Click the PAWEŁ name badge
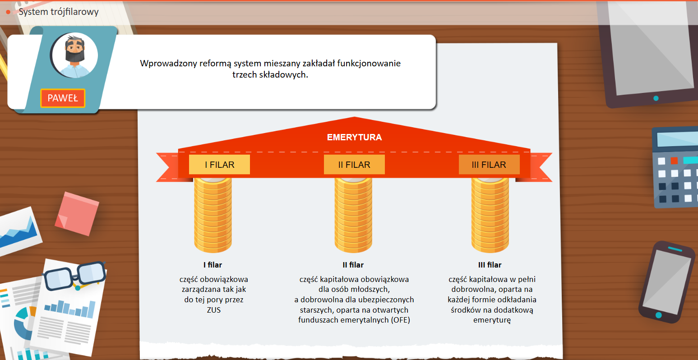(63, 98)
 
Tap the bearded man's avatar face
(75, 53)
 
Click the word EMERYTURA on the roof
(354, 137)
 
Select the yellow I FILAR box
(219, 165)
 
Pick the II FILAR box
(354, 165)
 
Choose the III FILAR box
(489, 165)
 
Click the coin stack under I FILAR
(213, 214)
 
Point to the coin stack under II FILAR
(353, 214)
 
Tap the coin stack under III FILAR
(490, 214)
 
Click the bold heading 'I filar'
(213, 265)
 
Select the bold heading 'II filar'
(353, 265)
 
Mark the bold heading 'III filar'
(490, 265)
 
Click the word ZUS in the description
(214, 310)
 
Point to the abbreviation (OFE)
(401, 320)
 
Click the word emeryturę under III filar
(492, 320)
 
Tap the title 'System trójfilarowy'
(59, 12)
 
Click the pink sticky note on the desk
(77, 213)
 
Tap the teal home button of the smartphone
(659, 314)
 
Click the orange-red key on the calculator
(674, 161)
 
